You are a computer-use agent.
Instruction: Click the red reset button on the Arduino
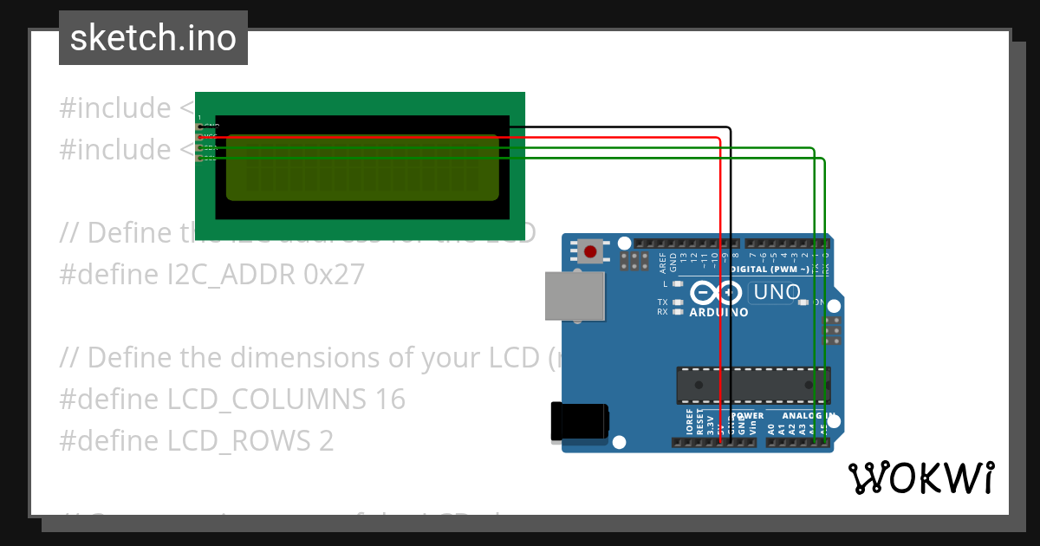tap(591, 252)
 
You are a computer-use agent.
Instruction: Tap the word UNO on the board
tap(777, 293)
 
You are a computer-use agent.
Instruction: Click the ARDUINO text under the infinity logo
tap(718, 313)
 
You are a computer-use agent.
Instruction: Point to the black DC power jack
tap(580, 423)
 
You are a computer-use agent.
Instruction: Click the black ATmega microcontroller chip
tap(752, 385)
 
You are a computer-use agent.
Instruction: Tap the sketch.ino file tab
tap(153, 38)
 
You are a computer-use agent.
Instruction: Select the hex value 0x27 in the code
tap(334, 274)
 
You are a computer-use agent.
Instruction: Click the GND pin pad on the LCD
tap(200, 127)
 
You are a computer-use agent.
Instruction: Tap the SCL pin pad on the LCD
tap(200, 158)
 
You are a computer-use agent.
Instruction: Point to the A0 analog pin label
tap(770, 427)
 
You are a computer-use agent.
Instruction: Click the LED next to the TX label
tap(678, 302)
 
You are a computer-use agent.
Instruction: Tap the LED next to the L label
tap(678, 283)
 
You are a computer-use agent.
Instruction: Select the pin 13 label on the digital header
tap(683, 257)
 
